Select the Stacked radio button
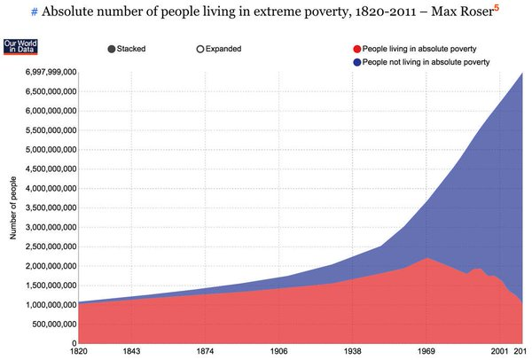click(x=113, y=49)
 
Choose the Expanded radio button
click(x=200, y=49)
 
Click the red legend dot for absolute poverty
click(x=356, y=49)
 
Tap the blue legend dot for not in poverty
click(x=356, y=62)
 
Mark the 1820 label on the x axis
click(x=79, y=350)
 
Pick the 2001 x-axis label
click(x=501, y=350)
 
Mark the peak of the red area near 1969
click(x=427, y=258)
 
